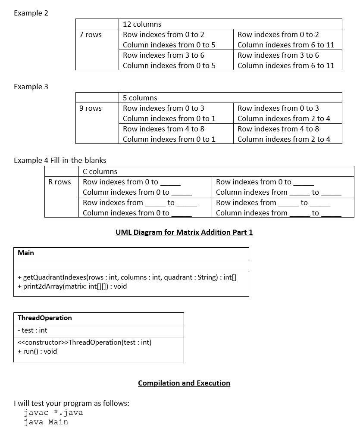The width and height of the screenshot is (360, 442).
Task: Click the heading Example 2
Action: coord(31,13)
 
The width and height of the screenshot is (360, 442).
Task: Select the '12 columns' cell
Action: coord(142,24)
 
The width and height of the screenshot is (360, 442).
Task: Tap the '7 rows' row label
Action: coord(91,34)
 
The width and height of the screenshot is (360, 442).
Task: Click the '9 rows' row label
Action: coord(91,108)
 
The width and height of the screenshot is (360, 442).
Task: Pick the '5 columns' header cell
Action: coord(140,98)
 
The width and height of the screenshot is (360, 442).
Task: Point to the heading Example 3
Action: coord(31,87)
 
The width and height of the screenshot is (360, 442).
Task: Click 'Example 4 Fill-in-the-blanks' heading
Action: coord(60,160)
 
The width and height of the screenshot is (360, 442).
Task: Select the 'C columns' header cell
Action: coord(100,171)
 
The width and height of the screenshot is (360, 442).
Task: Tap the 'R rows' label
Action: coord(60,182)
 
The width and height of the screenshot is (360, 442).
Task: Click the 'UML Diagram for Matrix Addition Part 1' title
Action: coord(184,233)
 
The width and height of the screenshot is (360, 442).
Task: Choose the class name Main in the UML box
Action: coord(26,253)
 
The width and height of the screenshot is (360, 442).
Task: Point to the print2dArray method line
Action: coord(72,286)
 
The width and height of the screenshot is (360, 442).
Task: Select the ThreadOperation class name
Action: coord(45,318)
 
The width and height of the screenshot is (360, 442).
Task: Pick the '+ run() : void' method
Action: coord(38,351)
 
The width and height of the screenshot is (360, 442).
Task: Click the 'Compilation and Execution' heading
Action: coord(184,383)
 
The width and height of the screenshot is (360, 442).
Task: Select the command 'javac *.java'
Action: coord(53,413)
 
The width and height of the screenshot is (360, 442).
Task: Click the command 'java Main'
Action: coord(46,422)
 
